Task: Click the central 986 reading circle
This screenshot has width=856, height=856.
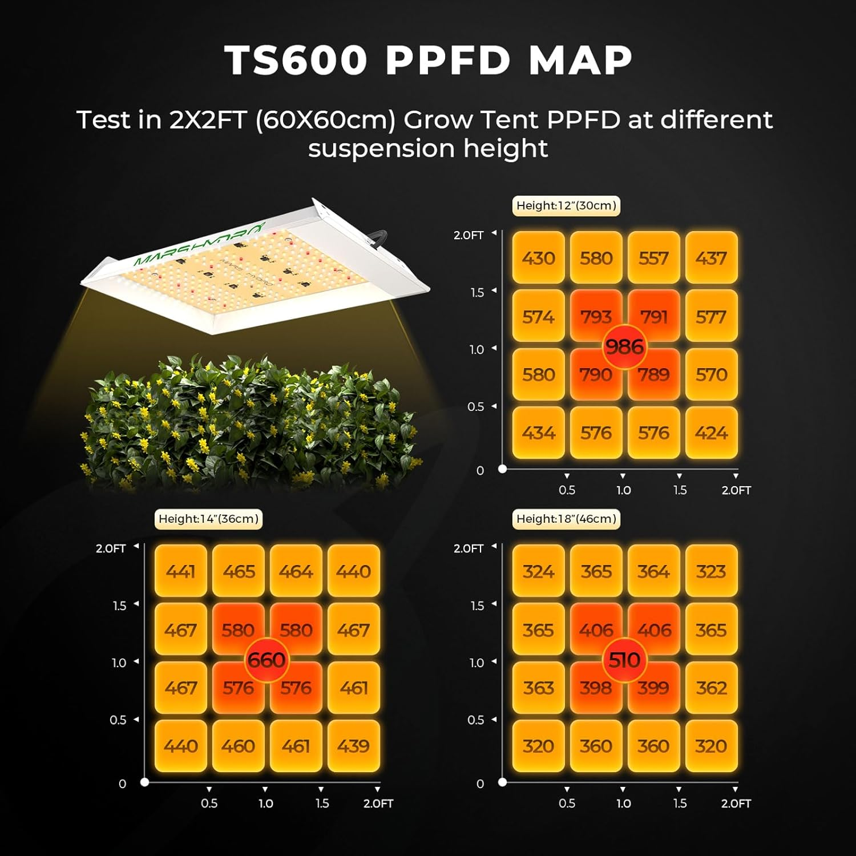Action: [624, 346]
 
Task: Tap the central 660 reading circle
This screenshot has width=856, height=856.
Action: [267, 660]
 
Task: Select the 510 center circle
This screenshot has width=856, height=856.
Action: [624, 660]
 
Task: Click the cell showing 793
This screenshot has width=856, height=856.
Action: [596, 316]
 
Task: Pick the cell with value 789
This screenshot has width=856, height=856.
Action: [653, 375]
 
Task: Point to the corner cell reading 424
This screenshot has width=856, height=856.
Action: [711, 433]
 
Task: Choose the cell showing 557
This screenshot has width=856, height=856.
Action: [653, 258]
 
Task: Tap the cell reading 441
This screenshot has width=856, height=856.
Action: [181, 571]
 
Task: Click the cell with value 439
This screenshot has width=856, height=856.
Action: [353, 746]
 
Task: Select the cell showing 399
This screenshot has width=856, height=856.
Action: [653, 688]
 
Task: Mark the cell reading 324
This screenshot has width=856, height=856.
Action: [538, 571]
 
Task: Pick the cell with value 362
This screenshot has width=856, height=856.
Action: [711, 688]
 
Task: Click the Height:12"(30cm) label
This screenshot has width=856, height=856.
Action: [566, 206]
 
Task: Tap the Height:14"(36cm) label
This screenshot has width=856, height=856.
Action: [208, 519]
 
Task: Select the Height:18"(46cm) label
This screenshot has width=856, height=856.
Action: [566, 519]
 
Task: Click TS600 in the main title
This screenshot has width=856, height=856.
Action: [296, 60]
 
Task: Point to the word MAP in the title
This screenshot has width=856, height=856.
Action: [580, 60]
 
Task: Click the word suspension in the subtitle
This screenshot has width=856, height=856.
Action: [381, 149]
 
